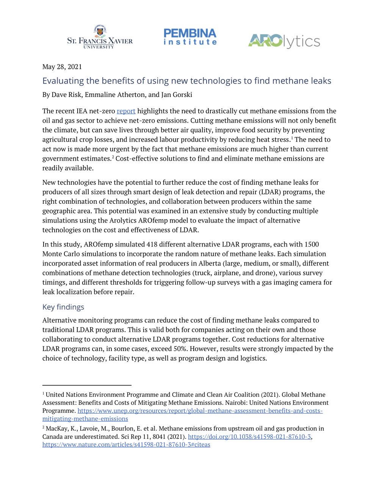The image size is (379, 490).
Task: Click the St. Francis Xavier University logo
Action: tap(100, 37)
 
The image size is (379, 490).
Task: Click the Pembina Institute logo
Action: tap(190, 37)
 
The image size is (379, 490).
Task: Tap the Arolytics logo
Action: tap(284, 41)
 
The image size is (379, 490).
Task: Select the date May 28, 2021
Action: tap(62, 67)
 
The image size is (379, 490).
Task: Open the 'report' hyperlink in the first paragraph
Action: tap(126, 111)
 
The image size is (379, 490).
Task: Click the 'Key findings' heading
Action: tap(63, 307)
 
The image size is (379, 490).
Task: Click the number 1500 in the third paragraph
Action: tap(312, 244)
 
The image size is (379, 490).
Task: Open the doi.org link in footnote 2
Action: tap(249, 437)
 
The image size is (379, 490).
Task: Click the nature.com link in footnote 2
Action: tap(126, 445)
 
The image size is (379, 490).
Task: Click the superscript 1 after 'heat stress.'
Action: tap(292, 138)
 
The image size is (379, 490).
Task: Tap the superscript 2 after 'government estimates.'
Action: tap(113, 157)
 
